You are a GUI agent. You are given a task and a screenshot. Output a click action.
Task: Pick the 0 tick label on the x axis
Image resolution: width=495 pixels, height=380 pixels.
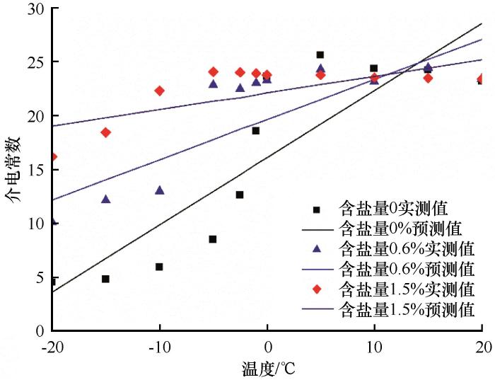tap(267, 346)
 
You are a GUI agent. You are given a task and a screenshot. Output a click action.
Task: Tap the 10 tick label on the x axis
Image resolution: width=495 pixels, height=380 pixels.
tap(374, 346)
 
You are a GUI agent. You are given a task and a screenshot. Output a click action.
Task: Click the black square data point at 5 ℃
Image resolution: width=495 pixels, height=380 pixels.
tap(320, 54)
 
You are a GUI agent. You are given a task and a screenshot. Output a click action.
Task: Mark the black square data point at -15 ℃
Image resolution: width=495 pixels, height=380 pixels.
tap(105, 279)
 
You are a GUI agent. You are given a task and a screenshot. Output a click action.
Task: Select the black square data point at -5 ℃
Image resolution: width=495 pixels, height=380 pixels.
tap(213, 239)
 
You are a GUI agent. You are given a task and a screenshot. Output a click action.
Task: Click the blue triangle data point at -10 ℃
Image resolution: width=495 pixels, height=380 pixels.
tap(159, 190)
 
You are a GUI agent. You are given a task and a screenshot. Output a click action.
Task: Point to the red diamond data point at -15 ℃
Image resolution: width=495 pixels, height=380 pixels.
tap(105, 132)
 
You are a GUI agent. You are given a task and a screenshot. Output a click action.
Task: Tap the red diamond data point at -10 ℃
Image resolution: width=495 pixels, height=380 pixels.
tap(159, 91)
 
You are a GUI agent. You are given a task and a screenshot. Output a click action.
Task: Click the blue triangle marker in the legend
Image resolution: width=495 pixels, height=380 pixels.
tap(317, 249)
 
